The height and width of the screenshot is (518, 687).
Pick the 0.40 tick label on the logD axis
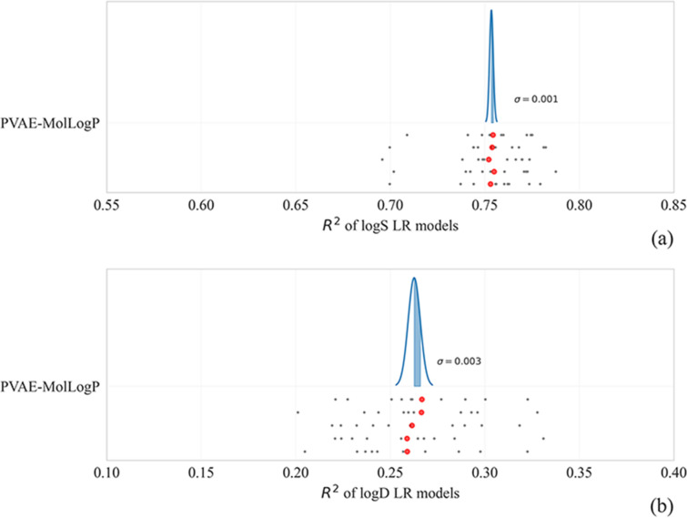click(673, 473)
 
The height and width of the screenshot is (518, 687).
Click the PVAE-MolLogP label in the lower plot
click(50, 387)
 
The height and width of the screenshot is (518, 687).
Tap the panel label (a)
click(662, 239)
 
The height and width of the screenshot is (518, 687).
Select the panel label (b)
click(662, 503)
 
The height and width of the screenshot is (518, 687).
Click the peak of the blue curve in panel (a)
click(491, 12)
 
